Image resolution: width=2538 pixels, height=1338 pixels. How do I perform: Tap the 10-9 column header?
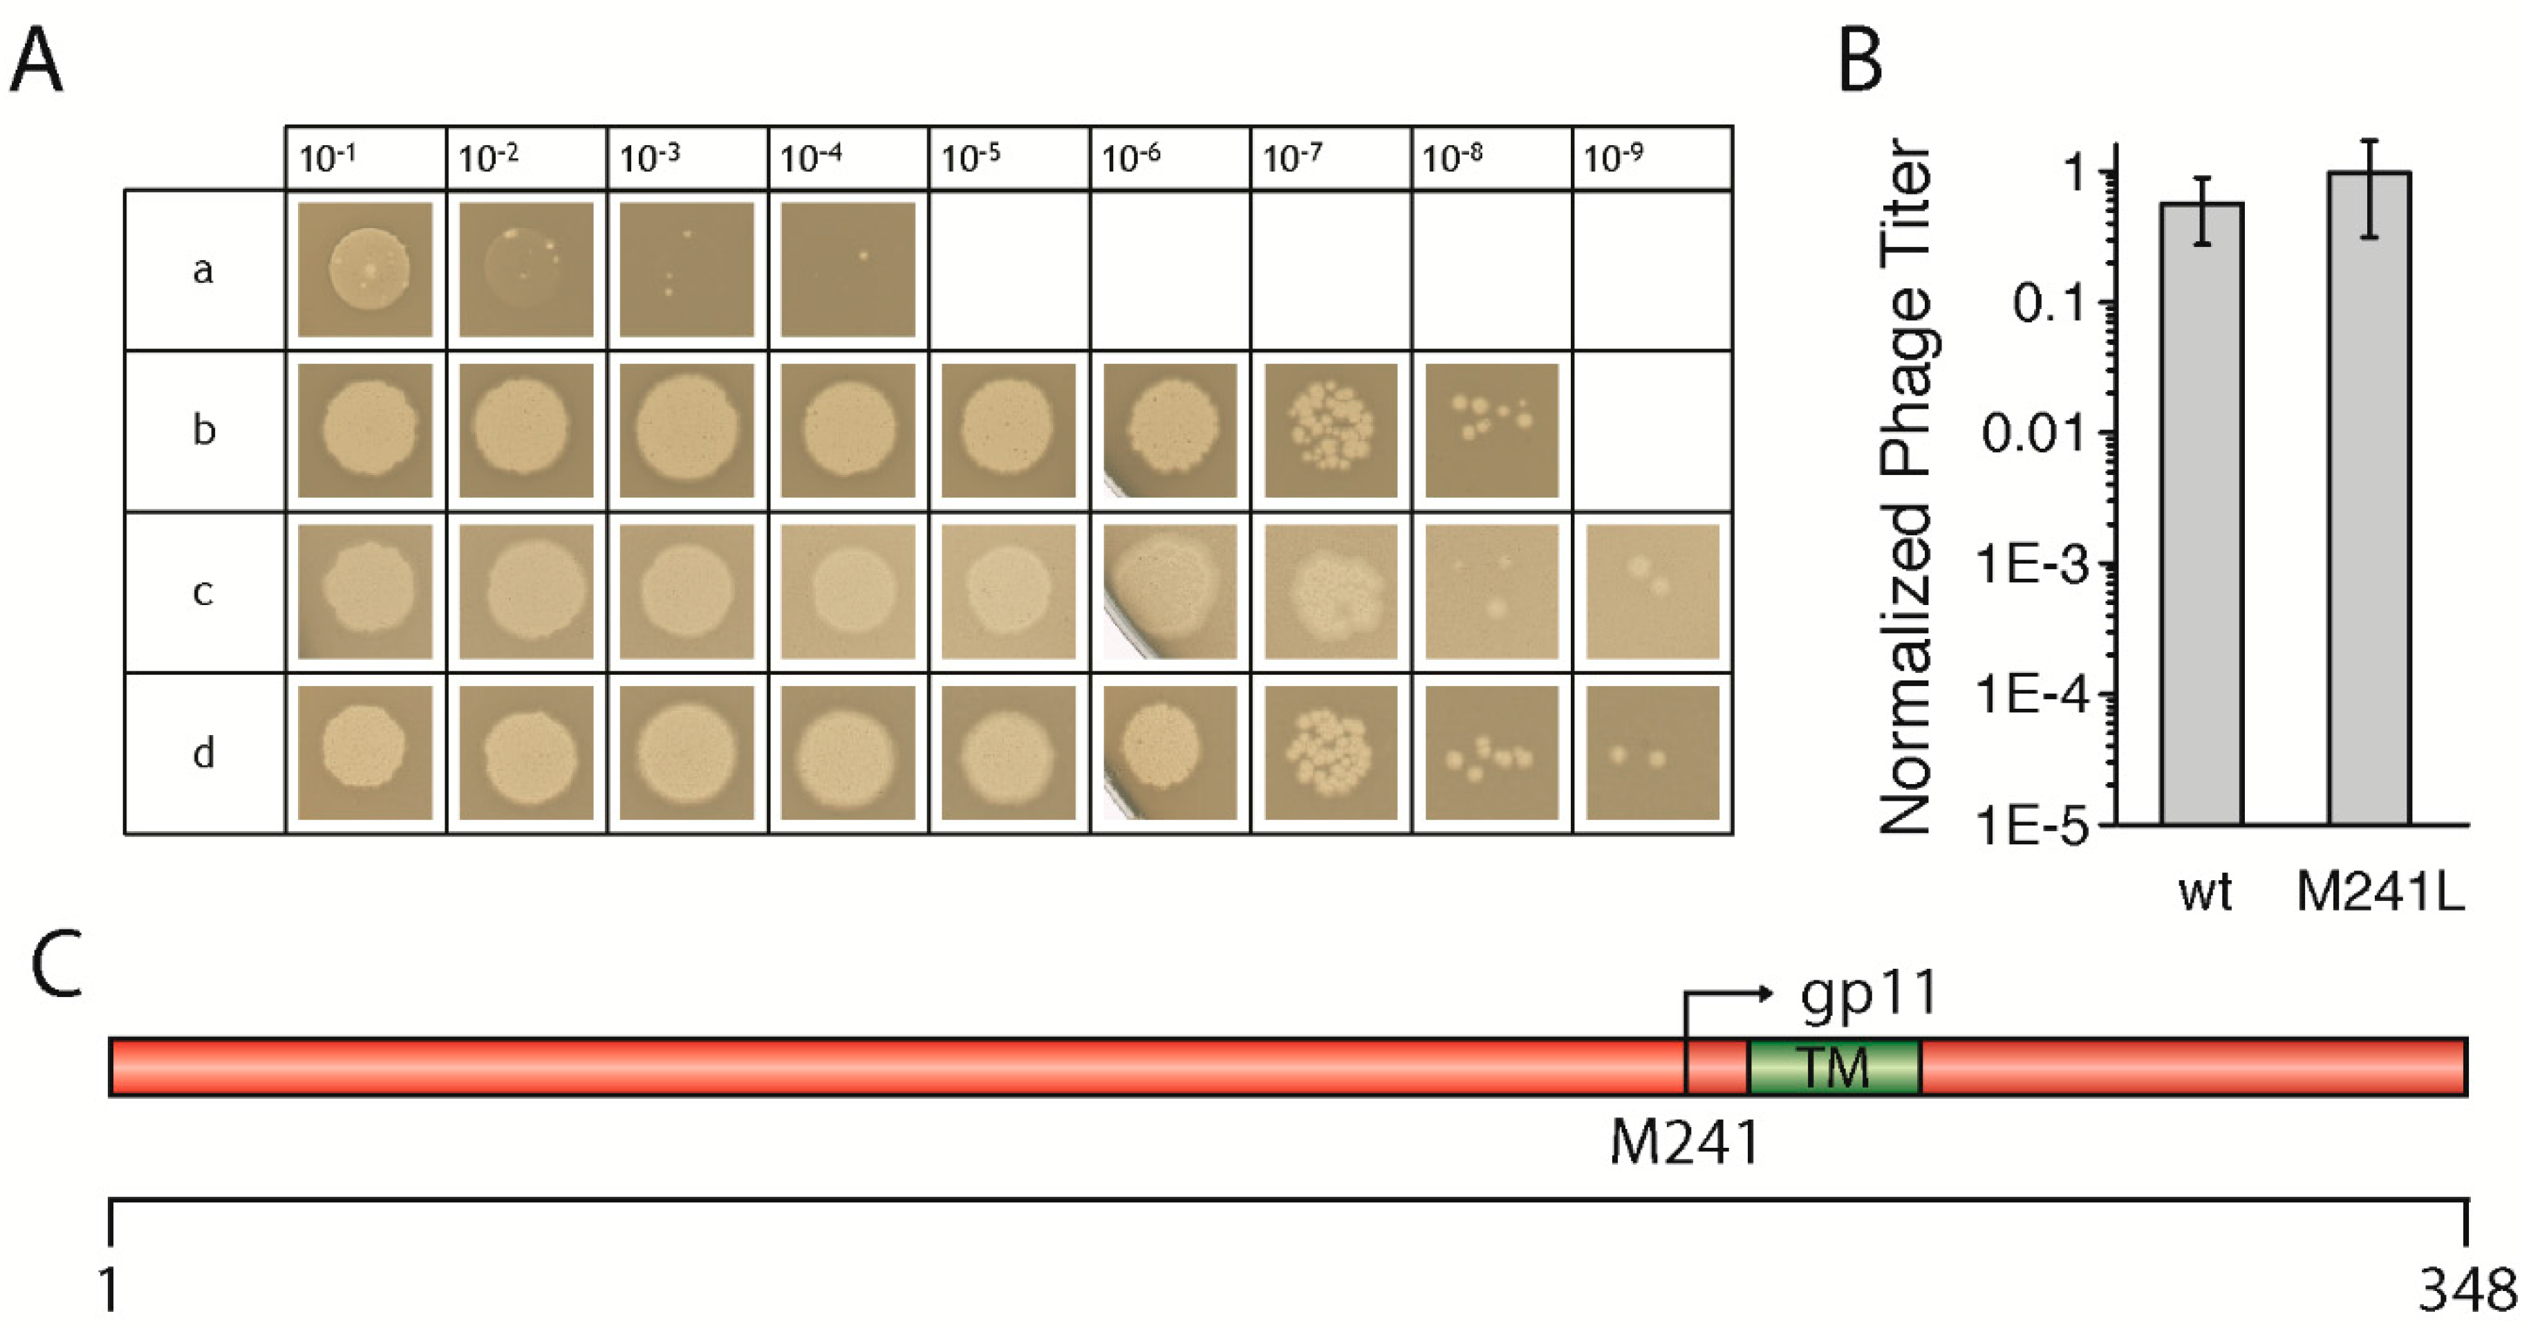tap(1613, 158)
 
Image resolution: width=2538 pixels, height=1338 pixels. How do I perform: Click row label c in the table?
tap(203, 591)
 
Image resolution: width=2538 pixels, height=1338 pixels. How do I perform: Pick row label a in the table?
tap(203, 269)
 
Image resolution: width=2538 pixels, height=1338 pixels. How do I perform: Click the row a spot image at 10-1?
tap(366, 269)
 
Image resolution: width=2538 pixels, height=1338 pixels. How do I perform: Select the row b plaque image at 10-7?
tap(1330, 431)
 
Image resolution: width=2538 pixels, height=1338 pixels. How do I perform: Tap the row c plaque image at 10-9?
tap(1652, 591)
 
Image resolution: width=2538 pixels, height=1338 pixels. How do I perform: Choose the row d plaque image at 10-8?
tap(1492, 753)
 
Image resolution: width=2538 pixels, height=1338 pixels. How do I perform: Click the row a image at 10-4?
tap(848, 269)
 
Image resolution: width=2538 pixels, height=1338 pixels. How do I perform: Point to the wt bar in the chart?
tap(2202, 512)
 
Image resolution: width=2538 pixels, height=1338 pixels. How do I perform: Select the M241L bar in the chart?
tap(2369, 498)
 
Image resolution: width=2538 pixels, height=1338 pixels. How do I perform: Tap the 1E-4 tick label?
tap(2032, 695)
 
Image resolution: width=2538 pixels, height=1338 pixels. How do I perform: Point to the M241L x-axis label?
tap(2380, 892)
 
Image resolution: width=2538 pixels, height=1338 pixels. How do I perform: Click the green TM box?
tap(1833, 1066)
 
